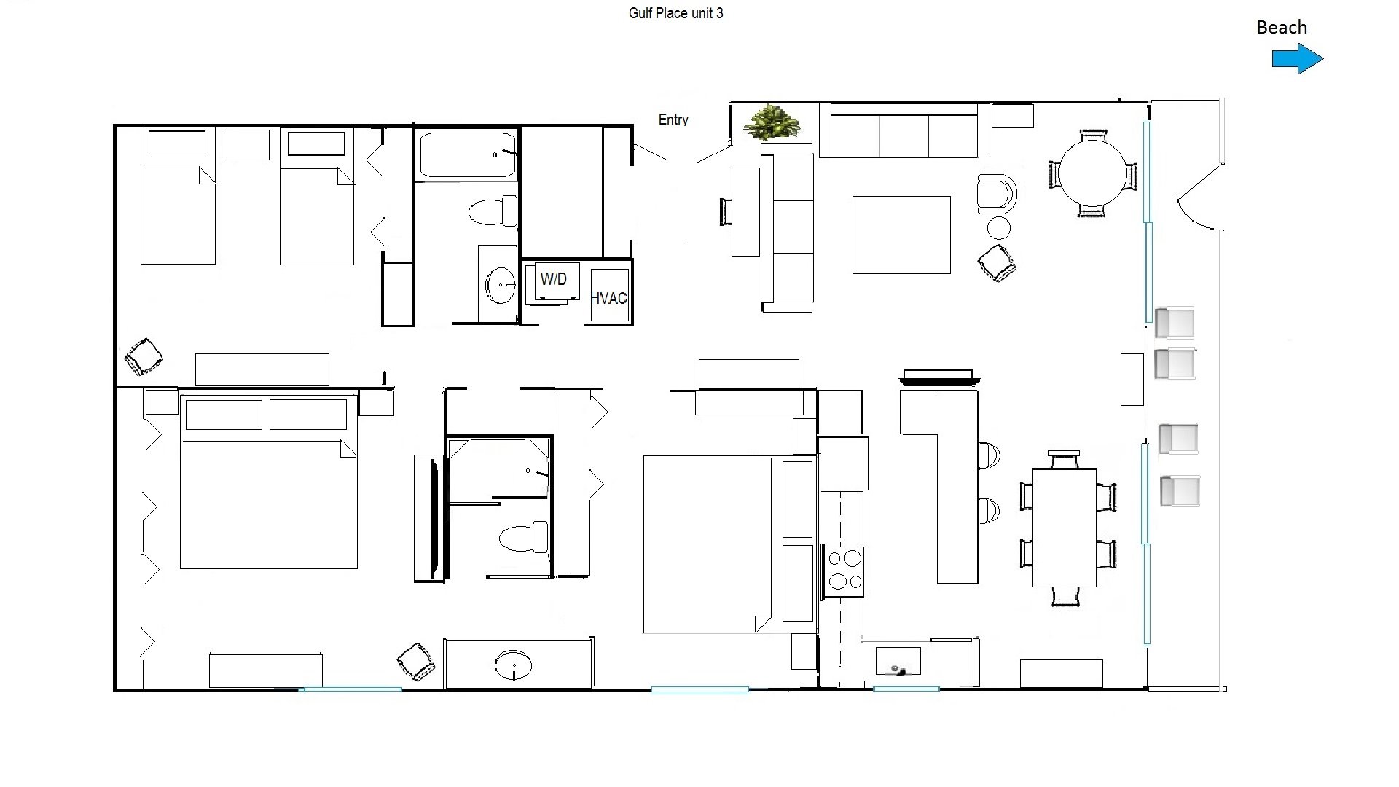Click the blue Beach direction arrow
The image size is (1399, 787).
coord(1298,59)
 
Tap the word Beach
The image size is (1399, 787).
coord(1282,28)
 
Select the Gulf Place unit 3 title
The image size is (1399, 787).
coord(676,13)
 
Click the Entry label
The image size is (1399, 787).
coord(673,120)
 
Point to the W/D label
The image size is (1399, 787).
coord(554,279)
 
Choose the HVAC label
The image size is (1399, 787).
coord(608,298)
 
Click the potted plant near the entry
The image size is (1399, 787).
coord(772,122)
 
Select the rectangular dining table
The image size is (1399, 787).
coord(1065,528)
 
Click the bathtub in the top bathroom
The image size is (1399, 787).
coord(467,154)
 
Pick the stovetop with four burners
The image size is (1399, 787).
coord(844,571)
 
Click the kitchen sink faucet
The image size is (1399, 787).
coord(898,669)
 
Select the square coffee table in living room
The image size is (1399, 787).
coord(901,235)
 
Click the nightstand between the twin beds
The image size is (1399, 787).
coord(248,144)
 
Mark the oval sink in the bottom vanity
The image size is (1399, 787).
coord(513,665)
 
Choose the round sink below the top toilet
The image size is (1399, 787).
coord(501,285)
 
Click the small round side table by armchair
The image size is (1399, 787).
coord(998,228)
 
